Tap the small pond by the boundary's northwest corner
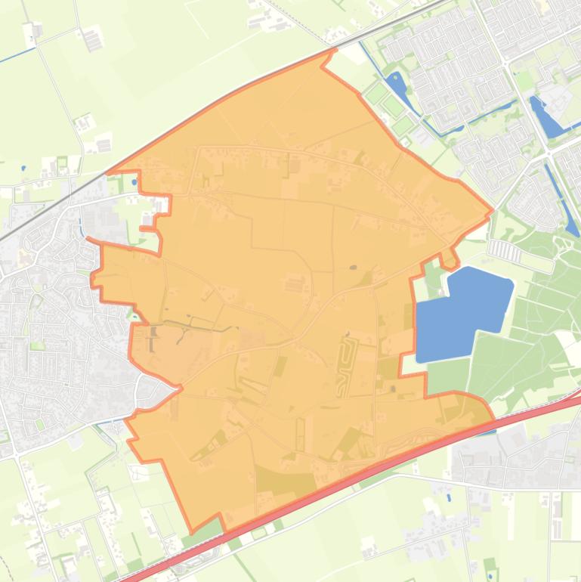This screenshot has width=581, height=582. click(x=134, y=181)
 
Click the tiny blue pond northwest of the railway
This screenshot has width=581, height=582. click(x=23, y=167)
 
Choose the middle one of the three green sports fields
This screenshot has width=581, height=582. click(x=392, y=105)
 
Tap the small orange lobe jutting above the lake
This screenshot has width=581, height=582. click(x=448, y=257)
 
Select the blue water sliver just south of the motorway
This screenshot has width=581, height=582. click(x=487, y=432)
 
